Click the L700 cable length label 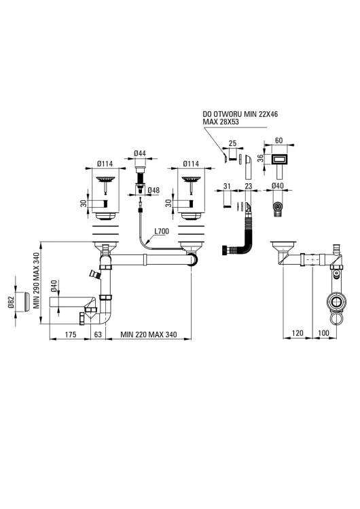coord(162,231)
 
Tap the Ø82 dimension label coord(11,303)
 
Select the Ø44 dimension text coord(140,153)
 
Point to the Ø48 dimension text coord(154,190)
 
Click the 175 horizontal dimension coord(71,334)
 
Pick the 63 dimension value coord(98,334)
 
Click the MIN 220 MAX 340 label coord(149,334)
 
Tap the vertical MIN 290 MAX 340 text coord(36,280)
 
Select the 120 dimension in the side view coord(298,333)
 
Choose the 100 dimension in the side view coord(323,333)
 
